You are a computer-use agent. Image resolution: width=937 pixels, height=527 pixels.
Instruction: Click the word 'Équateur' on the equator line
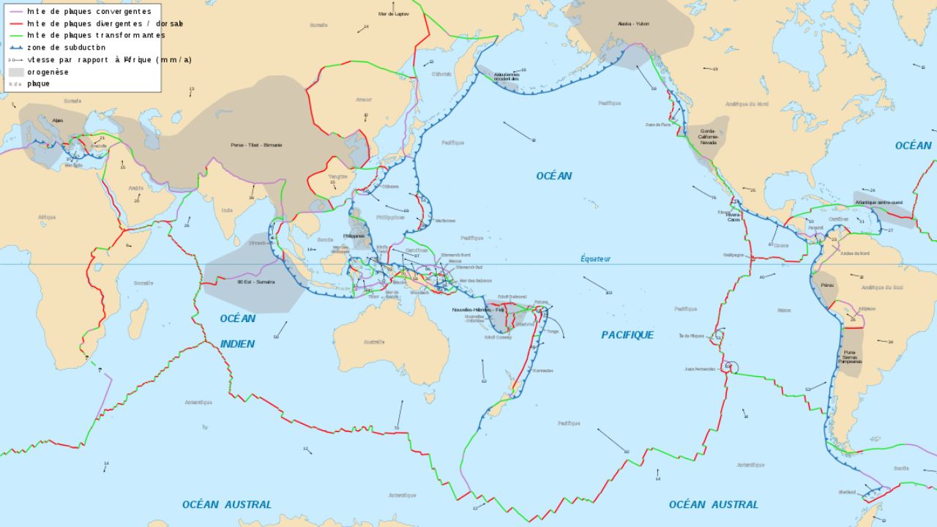[595, 258]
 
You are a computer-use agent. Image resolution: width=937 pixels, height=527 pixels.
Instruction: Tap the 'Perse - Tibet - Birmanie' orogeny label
[256, 145]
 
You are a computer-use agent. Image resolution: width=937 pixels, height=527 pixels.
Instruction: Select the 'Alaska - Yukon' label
[633, 23]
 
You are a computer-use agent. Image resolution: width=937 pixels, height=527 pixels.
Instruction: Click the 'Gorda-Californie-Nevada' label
[708, 137]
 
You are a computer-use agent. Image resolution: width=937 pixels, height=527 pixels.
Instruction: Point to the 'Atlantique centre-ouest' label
[878, 202]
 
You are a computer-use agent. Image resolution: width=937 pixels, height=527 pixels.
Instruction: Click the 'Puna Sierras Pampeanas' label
[849, 357]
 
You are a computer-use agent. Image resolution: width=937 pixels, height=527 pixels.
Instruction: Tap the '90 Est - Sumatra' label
[255, 281]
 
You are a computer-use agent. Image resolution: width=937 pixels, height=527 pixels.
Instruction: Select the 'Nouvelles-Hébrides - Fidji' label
[479, 310]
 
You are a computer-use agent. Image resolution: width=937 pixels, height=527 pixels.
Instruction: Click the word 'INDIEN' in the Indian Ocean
[237, 344]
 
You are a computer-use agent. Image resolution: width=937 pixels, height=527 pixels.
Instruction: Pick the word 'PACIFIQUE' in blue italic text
[627, 334]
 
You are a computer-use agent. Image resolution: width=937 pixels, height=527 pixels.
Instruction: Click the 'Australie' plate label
[374, 342]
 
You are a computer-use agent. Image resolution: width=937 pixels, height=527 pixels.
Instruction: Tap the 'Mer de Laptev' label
[394, 14]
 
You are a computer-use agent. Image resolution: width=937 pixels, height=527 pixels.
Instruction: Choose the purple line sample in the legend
[15, 12]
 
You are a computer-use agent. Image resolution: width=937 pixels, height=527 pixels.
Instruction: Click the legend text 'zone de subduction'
[66, 48]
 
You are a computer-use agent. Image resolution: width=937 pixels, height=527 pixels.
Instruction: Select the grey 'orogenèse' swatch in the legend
[16, 72]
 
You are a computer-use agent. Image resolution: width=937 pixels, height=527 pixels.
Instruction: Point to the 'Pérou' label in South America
[827, 284]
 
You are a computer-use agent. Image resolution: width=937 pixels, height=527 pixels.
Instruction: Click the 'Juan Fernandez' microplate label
[700, 369]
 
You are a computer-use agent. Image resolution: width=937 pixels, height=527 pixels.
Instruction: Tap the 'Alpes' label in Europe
[57, 120]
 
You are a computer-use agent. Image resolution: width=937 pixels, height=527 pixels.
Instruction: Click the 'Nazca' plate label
[784, 310]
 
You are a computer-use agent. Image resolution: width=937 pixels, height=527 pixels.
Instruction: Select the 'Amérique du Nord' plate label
[747, 104]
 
